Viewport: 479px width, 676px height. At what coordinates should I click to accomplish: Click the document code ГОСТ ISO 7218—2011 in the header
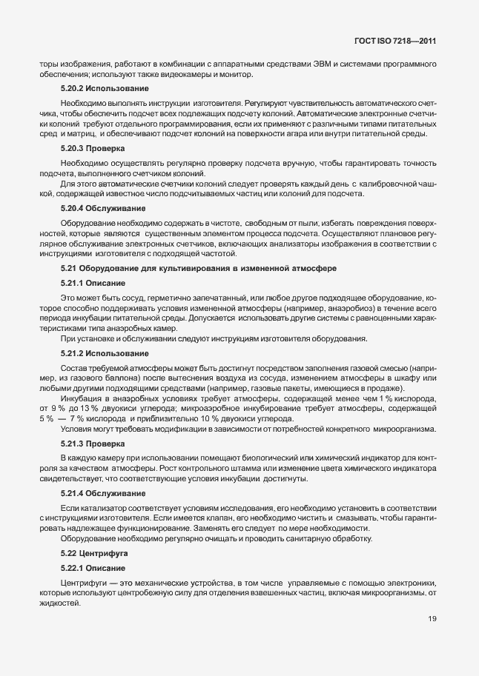pyautogui.click(x=396, y=42)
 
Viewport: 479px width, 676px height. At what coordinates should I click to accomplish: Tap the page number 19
pyautogui.click(x=432, y=639)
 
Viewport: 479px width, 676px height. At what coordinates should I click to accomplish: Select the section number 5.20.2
pyautogui.click(x=74, y=89)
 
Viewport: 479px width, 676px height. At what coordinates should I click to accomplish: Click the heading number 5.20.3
pyautogui.click(x=74, y=148)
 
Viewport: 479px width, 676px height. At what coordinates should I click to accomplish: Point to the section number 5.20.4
pyautogui.click(x=74, y=209)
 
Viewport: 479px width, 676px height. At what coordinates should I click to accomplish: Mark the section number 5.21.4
pyautogui.click(x=74, y=493)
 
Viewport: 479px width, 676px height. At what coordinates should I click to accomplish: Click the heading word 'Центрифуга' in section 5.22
pyautogui.click(x=108, y=553)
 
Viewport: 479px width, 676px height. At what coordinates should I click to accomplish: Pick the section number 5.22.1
pyautogui.click(x=74, y=568)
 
